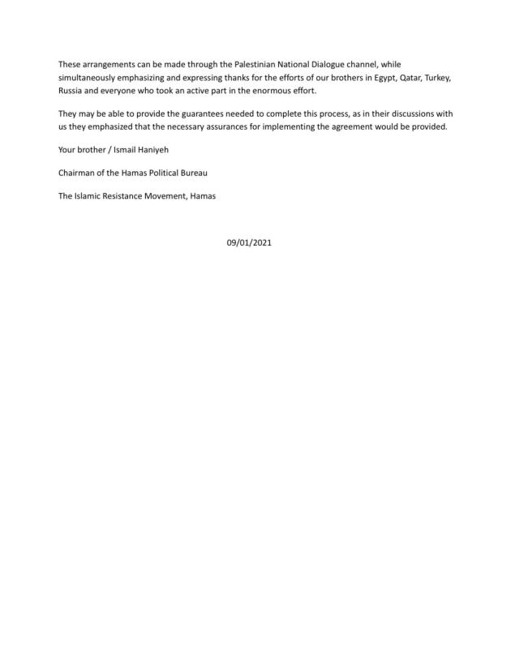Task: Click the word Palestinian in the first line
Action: [x=243, y=64]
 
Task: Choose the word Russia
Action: [x=71, y=91]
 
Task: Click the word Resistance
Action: [x=122, y=196]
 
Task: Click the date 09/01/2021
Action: [x=249, y=242]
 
